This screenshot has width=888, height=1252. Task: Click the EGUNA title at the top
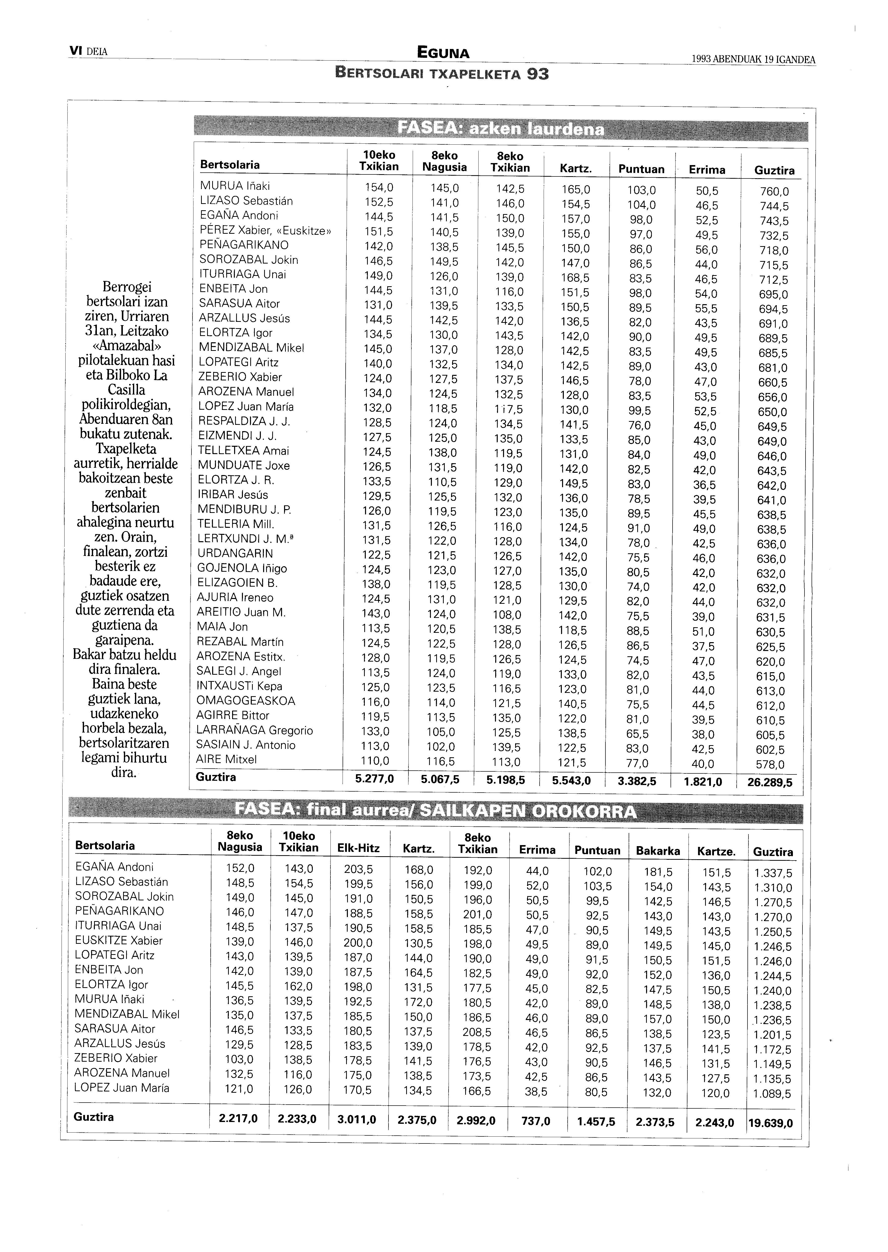pos(443,53)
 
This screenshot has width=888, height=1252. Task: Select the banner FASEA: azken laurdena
pos(500,129)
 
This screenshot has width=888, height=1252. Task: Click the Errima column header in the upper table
pos(707,170)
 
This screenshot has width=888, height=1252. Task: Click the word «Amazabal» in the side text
pos(127,346)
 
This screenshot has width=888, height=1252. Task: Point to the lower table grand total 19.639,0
pos(770,1124)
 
